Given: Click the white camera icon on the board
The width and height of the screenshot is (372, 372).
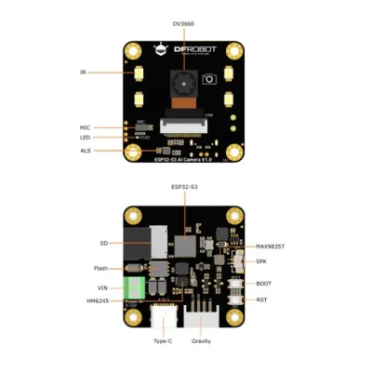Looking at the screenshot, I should pyautogui.click(x=210, y=79).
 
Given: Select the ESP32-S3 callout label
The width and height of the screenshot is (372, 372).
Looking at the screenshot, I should pyautogui.click(x=184, y=187).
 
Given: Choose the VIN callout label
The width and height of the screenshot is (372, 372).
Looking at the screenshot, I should pyautogui.click(x=103, y=288).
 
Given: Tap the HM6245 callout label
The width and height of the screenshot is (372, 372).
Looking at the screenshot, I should pyautogui.click(x=99, y=301).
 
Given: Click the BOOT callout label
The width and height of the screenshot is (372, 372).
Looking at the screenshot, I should pyautogui.click(x=263, y=283).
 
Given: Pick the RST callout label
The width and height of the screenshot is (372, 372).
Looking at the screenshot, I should pyautogui.click(x=261, y=300).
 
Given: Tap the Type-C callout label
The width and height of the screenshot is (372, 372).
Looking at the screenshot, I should pyautogui.click(x=163, y=341).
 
